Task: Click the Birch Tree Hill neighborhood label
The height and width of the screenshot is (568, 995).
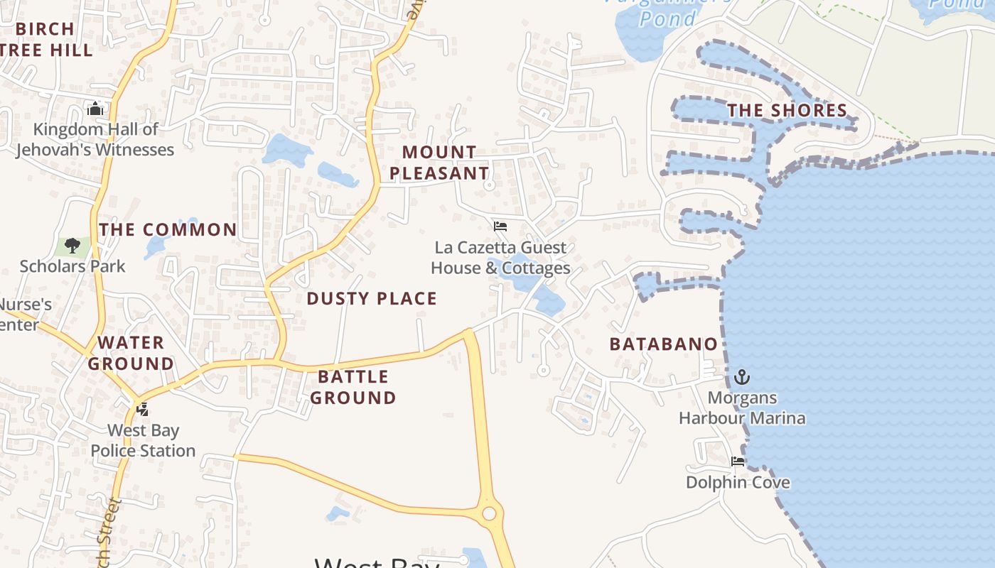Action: tap(46, 40)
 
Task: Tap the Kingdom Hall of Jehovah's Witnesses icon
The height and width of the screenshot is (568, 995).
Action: tap(95, 109)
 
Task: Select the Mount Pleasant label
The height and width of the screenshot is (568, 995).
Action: tap(439, 163)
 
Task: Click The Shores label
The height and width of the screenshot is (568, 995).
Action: tap(787, 111)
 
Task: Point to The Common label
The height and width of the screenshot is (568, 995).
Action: tap(168, 230)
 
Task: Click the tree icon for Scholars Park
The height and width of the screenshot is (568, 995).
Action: tap(72, 246)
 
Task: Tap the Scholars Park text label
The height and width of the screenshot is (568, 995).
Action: tap(72, 266)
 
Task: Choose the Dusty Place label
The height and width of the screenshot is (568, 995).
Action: tap(372, 299)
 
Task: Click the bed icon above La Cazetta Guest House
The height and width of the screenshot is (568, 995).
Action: tap(500, 226)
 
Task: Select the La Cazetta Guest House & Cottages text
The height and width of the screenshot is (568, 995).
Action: tap(500, 258)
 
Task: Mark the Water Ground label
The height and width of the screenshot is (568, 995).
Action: tap(131, 353)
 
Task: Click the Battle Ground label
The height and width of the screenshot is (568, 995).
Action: tap(353, 387)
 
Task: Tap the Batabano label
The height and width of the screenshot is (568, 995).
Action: tap(664, 344)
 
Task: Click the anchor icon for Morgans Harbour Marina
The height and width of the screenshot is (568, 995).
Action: tap(742, 376)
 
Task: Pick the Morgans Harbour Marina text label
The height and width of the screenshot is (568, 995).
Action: tap(742, 408)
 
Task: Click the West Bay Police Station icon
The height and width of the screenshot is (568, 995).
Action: tap(143, 409)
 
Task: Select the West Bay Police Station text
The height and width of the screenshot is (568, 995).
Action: tap(143, 440)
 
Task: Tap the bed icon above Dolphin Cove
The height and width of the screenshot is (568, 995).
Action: tap(738, 461)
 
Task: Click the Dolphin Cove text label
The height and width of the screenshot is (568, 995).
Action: tap(738, 483)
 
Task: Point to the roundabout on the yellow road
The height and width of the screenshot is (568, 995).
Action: tap(489, 513)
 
